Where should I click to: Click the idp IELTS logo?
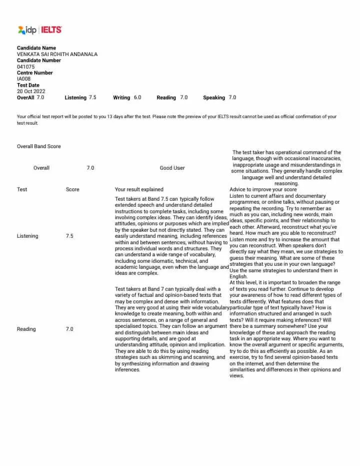(39, 30)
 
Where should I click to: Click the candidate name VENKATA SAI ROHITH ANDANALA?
(57, 54)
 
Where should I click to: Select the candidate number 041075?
(26, 67)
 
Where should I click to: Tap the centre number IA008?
(23, 79)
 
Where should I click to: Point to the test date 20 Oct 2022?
(31, 91)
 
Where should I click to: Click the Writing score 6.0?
(137, 98)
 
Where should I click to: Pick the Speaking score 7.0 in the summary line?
(232, 98)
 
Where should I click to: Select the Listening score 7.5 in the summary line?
(93, 98)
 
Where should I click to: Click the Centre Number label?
(35, 73)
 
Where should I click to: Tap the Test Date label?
(28, 85)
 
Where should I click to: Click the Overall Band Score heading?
(39, 146)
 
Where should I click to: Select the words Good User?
(172, 168)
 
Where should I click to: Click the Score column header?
(72, 190)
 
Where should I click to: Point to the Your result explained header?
(139, 190)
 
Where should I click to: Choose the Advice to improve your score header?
(263, 190)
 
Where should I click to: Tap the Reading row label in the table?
(26, 329)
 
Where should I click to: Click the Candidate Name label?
(36, 48)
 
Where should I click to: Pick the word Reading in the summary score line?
(166, 98)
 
